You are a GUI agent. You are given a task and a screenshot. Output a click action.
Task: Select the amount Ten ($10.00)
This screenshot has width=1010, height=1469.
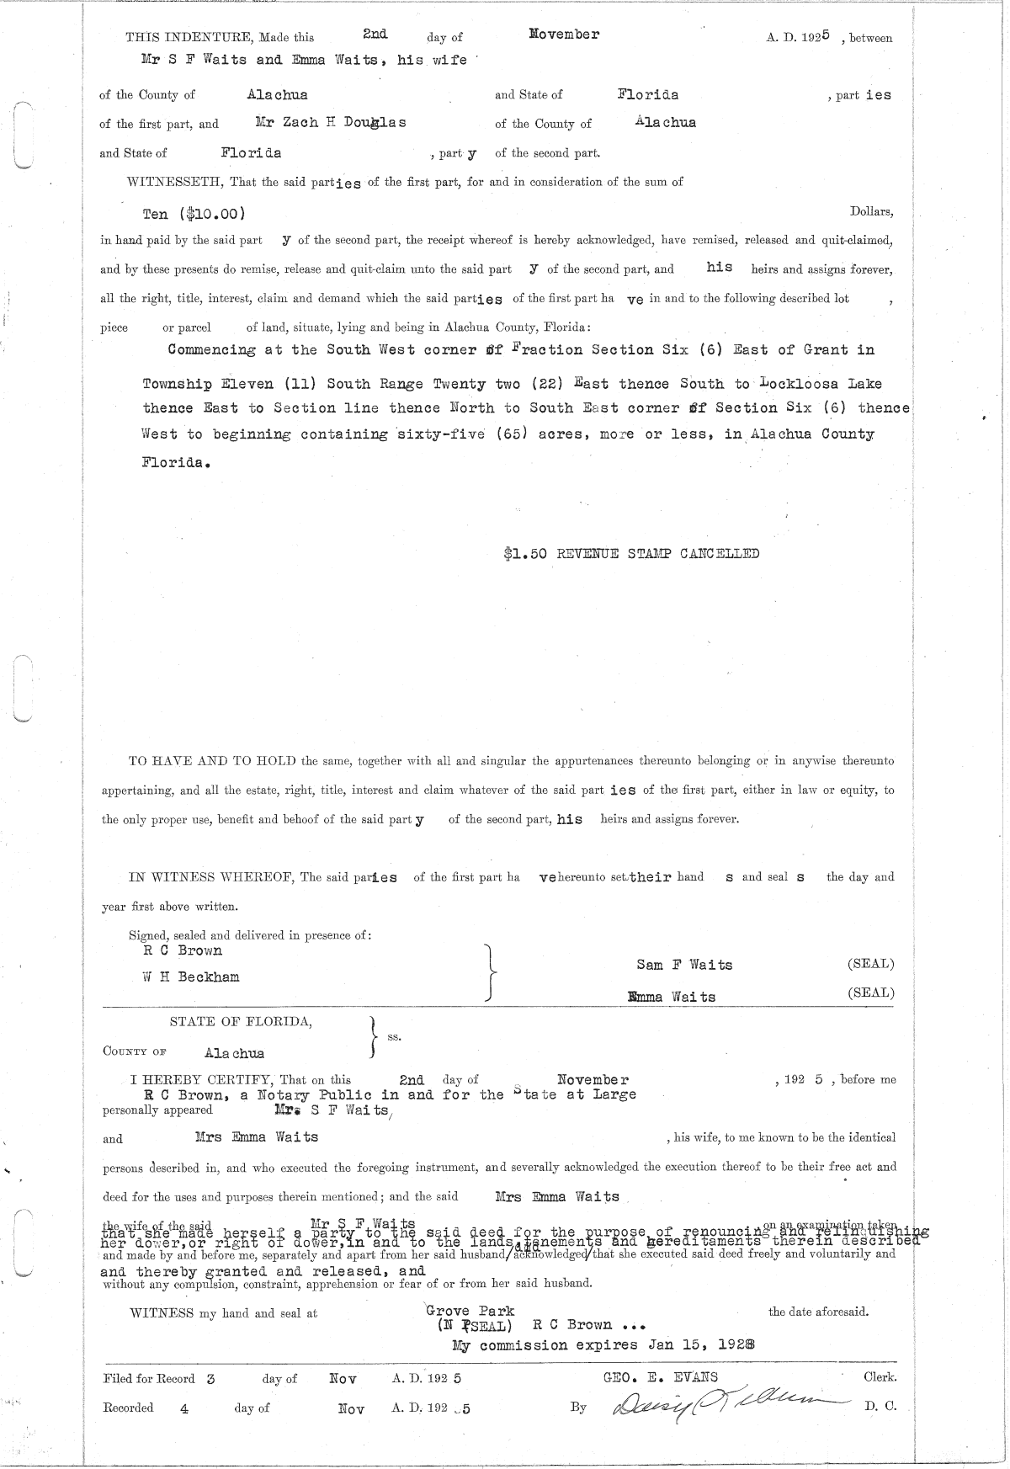[194, 214]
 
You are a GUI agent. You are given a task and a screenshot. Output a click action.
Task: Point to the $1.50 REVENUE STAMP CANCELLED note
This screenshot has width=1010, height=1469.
[631, 553]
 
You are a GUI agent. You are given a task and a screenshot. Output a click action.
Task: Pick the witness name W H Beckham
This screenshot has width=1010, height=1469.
[191, 977]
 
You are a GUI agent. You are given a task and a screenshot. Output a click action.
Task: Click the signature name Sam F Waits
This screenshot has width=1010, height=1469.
[684, 965]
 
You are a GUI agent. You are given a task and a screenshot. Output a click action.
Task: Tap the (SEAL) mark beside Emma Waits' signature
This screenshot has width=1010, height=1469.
[870, 993]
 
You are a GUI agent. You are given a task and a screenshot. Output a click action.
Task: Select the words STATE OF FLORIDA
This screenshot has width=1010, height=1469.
[241, 1022]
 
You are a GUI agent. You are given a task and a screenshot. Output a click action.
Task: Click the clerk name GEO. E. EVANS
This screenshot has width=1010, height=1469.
[656, 1377]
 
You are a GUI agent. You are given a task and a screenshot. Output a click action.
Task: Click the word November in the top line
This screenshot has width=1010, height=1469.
[564, 35]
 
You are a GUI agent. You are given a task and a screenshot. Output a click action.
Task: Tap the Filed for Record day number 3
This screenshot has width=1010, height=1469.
[210, 1379]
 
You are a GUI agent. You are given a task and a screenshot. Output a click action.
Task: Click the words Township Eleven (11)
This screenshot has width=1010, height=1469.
[230, 384]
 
